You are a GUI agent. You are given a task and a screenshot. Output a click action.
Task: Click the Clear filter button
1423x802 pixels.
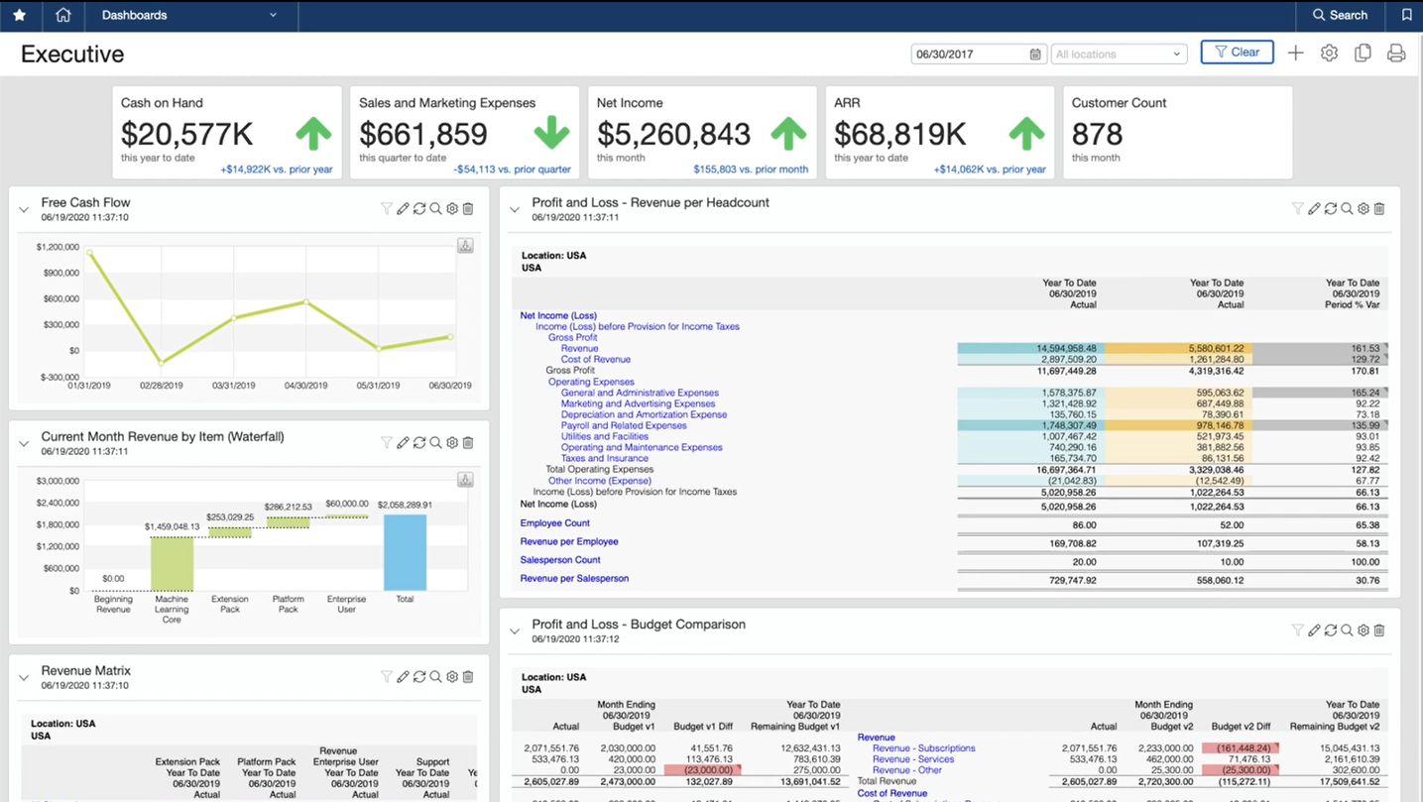tap(1237, 53)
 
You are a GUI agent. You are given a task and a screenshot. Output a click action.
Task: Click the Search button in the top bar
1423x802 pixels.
tap(1340, 15)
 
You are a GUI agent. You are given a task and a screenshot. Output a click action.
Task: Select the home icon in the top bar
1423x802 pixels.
tap(63, 15)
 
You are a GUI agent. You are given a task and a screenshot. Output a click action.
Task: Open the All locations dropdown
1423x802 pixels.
tap(1119, 55)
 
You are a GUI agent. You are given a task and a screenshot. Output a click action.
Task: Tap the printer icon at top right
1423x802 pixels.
tap(1396, 54)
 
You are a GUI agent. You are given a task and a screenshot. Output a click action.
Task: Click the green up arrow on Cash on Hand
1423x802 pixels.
tap(313, 133)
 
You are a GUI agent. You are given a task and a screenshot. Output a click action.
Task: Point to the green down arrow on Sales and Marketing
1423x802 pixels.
tap(551, 133)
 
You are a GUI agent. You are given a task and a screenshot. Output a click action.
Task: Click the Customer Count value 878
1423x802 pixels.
tap(1097, 134)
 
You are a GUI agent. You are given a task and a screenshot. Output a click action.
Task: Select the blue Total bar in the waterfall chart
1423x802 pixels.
tap(405, 552)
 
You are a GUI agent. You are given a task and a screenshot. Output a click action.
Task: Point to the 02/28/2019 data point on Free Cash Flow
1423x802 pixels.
tap(162, 363)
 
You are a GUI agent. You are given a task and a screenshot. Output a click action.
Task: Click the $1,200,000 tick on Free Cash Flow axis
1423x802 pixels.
tap(59, 247)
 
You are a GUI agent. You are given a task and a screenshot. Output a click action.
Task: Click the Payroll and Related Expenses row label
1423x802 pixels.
tap(624, 425)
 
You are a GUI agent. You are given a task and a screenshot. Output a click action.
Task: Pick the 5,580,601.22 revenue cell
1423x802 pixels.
tap(1178, 349)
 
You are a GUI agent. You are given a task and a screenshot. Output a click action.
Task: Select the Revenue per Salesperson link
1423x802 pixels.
tap(574, 578)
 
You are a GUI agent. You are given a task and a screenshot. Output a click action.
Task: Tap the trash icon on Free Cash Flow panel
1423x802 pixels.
tap(468, 209)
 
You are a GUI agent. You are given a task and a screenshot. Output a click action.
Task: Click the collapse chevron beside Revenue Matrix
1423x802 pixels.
tap(24, 678)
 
